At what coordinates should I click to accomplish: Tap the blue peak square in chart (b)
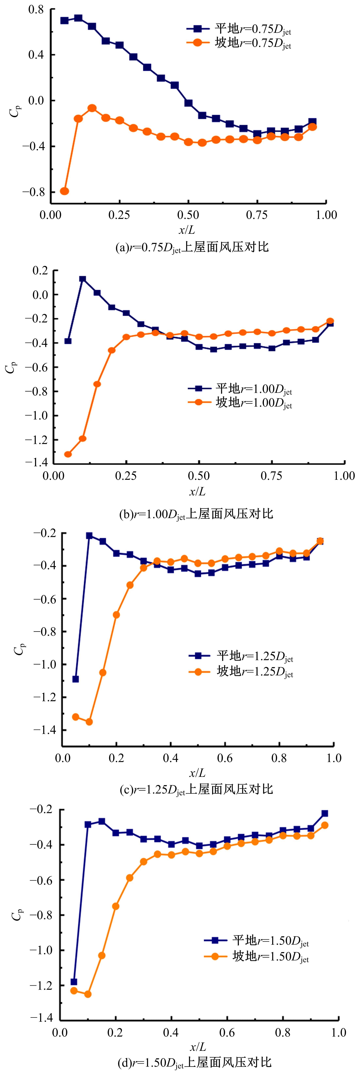pyautogui.click(x=83, y=279)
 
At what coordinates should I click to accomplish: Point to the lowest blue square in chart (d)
pyautogui.click(x=74, y=982)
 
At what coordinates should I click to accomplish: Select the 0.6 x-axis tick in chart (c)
pyautogui.click(x=225, y=758)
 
